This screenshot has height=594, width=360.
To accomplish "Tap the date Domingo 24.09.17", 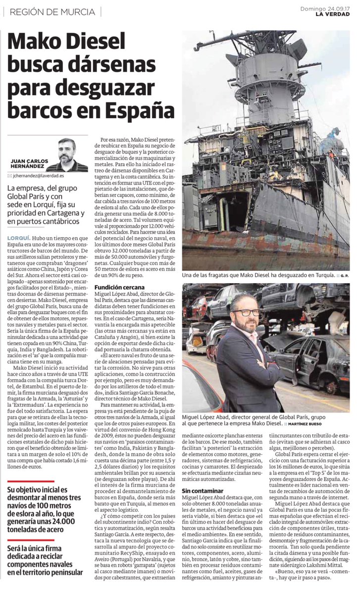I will [x=325, y=8].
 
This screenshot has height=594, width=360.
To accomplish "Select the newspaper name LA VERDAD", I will [x=333, y=14].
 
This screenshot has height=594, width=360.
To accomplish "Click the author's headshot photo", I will [x=67, y=154].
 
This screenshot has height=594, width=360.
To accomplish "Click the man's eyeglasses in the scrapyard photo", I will [x=246, y=312].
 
